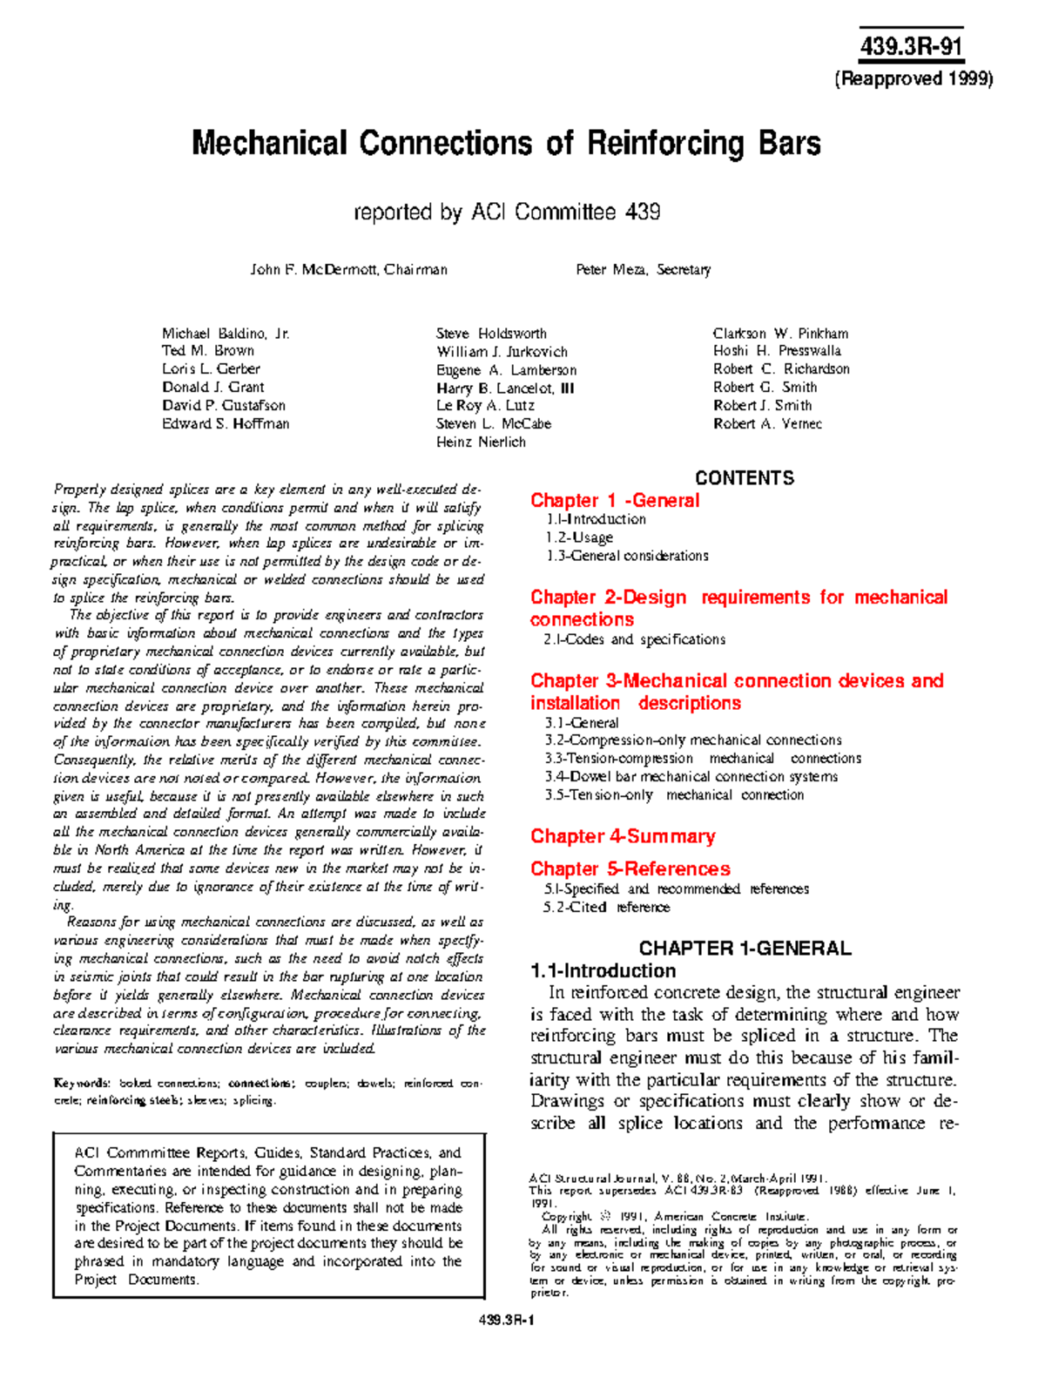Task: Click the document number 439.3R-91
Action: (x=911, y=46)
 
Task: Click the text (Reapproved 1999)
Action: (x=914, y=79)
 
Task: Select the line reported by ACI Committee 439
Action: (x=507, y=212)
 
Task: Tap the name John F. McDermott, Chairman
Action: (x=348, y=270)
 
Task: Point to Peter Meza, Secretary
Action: (x=643, y=270)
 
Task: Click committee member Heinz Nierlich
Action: (x=481, y=443)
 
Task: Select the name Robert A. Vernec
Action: (x=767, y=424)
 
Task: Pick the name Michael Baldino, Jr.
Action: (x=226, y=334)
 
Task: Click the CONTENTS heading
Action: (x=744, y=478)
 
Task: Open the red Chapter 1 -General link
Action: (x=615, y=501)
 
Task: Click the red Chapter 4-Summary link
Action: (x=623, y=837)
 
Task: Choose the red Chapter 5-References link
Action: (x=630, y=869)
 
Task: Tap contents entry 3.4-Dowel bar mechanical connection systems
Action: (x=691, y=777)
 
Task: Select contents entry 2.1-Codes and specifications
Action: (x=635, y=640)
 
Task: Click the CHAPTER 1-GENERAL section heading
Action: (x=745, y=949)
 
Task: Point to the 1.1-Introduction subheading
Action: (x=603, y=971)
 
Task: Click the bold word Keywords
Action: (x=81, y=1084)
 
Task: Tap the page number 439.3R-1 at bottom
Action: (x=507, y=1320)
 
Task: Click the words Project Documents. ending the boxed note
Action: (x=137, y=1280)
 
